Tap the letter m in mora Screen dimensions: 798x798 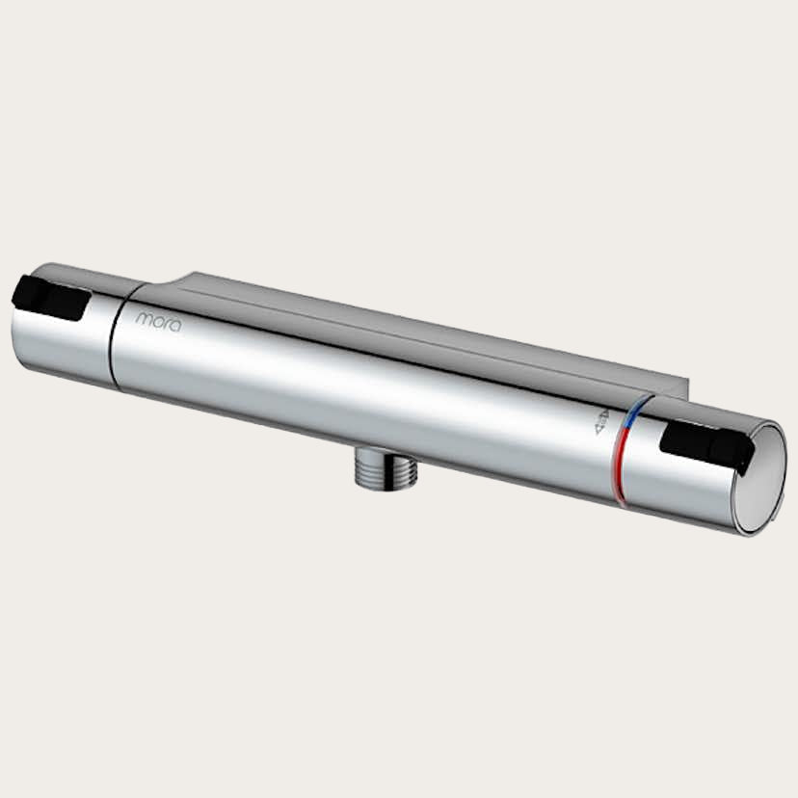143,316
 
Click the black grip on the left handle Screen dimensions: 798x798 53,298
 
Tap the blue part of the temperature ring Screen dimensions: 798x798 631,420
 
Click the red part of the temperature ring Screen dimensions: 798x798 623,467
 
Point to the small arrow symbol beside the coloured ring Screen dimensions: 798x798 602,422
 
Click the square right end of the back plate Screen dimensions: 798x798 683,389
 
